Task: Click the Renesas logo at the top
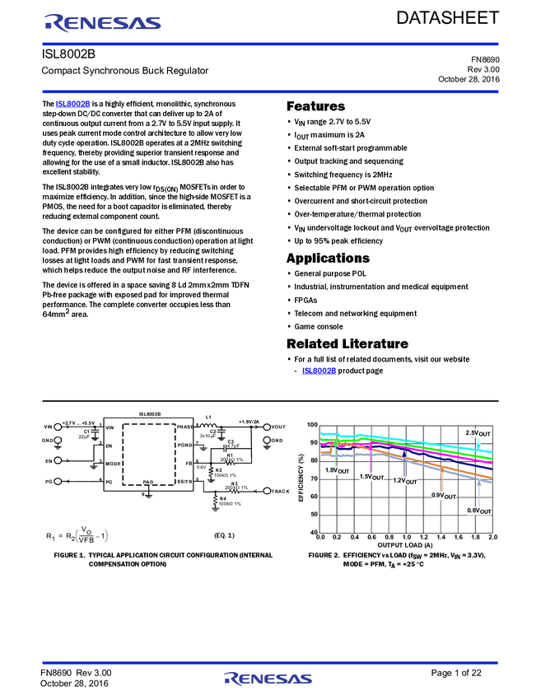(102, 23)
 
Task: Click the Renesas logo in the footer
(268, 679)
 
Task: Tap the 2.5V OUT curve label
(478, 433)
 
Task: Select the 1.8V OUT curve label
(337, 470)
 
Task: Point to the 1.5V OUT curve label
(372, 476)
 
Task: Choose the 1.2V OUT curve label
(406, 480)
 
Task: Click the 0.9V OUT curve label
(443, 496)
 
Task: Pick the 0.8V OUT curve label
(478, 511)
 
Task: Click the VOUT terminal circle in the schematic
(266, 427)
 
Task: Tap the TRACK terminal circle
(266, 491)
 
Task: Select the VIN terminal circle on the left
(58, 427)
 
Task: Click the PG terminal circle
(58, 480)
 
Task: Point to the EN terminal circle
(58, 460)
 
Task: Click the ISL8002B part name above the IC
(149, 415)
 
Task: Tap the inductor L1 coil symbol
(209, 426)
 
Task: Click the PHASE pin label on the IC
(184, 427)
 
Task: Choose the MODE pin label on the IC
(114, 463)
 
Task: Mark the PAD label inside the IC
(148, 481)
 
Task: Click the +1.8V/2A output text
(249, 421)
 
